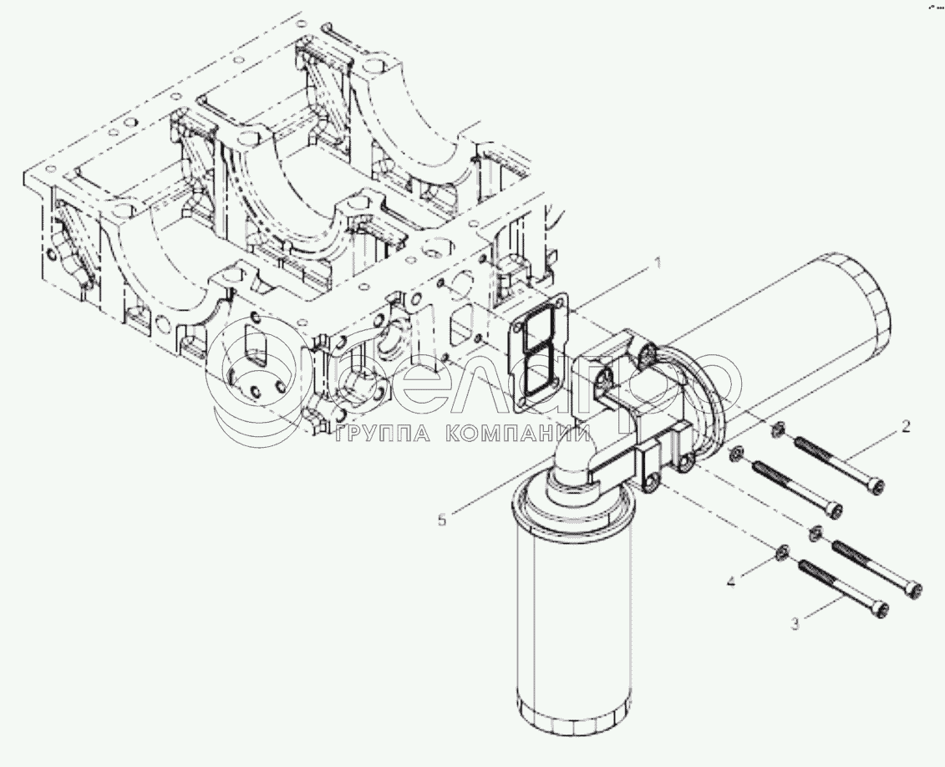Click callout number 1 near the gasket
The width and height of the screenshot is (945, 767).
658,263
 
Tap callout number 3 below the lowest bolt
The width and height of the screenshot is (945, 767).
795,623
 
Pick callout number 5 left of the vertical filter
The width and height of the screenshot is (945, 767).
442,520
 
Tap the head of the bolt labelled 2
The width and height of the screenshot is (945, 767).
875,486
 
